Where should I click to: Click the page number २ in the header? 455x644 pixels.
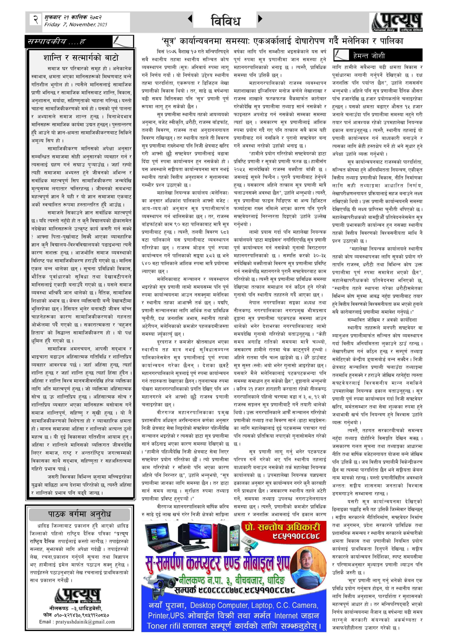tap(35, 20)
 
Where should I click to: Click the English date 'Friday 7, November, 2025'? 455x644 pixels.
tap(75, 25)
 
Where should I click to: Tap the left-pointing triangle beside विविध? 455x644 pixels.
tap(190, 19)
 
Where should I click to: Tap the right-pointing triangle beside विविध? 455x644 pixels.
tap(260, 19)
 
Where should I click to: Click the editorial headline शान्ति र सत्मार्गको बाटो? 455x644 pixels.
tap(81, 58)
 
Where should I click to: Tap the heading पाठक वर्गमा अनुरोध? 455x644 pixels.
tap(79, 514)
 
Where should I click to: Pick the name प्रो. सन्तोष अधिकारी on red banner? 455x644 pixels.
tap(283, 527)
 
